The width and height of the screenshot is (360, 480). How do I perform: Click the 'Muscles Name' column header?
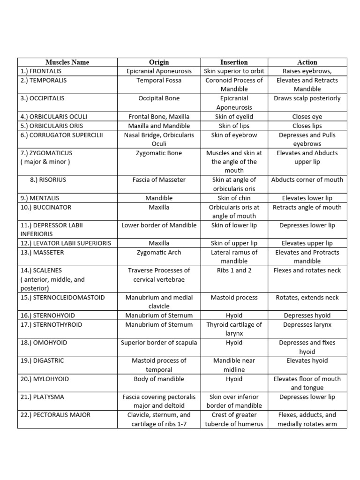67,62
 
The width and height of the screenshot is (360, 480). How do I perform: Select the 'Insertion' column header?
234,62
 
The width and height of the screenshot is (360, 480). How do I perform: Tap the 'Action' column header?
307,62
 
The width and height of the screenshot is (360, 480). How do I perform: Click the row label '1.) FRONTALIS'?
41,71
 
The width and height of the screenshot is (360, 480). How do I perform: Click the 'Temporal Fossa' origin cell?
159,80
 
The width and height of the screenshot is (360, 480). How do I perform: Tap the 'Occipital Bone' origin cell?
159,98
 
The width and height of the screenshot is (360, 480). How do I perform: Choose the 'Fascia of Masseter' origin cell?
159,180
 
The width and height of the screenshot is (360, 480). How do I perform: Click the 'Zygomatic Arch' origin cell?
159,252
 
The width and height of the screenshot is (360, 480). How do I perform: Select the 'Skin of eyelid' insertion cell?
234,117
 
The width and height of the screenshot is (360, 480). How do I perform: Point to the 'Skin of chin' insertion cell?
234,198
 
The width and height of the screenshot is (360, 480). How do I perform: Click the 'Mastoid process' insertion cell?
234,298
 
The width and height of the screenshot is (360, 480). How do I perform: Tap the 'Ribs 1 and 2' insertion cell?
234,270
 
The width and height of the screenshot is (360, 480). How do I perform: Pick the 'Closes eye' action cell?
307,117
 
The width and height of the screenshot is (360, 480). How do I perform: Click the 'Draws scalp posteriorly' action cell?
307,98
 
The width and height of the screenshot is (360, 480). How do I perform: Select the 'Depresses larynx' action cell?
307,325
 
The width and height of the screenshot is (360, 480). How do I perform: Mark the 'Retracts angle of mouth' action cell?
307,207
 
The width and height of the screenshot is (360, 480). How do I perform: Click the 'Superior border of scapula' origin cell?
159,343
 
